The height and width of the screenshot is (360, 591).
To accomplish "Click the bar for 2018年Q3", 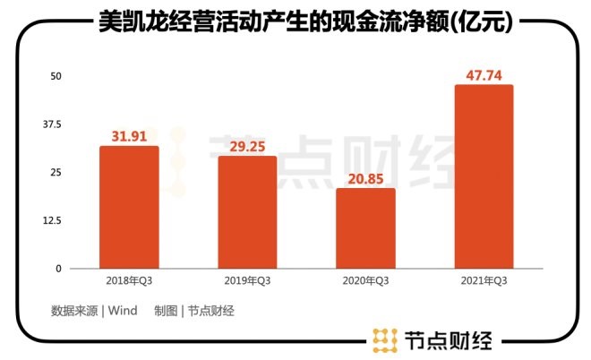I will (129, 207).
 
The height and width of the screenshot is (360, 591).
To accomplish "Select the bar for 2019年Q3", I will (247, 212).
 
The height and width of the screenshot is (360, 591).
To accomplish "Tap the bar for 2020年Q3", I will (365, 228).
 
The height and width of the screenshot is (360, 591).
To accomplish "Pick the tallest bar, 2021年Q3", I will (484, 176).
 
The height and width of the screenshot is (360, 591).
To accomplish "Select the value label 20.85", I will (365, 179).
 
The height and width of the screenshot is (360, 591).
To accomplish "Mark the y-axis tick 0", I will (58, 268).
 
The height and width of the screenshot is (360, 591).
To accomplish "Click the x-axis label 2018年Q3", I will (129, 281).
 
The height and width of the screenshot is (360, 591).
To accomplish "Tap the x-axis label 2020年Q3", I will (365, 281).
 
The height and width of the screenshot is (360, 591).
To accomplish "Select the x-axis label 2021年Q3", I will (484, 281).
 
